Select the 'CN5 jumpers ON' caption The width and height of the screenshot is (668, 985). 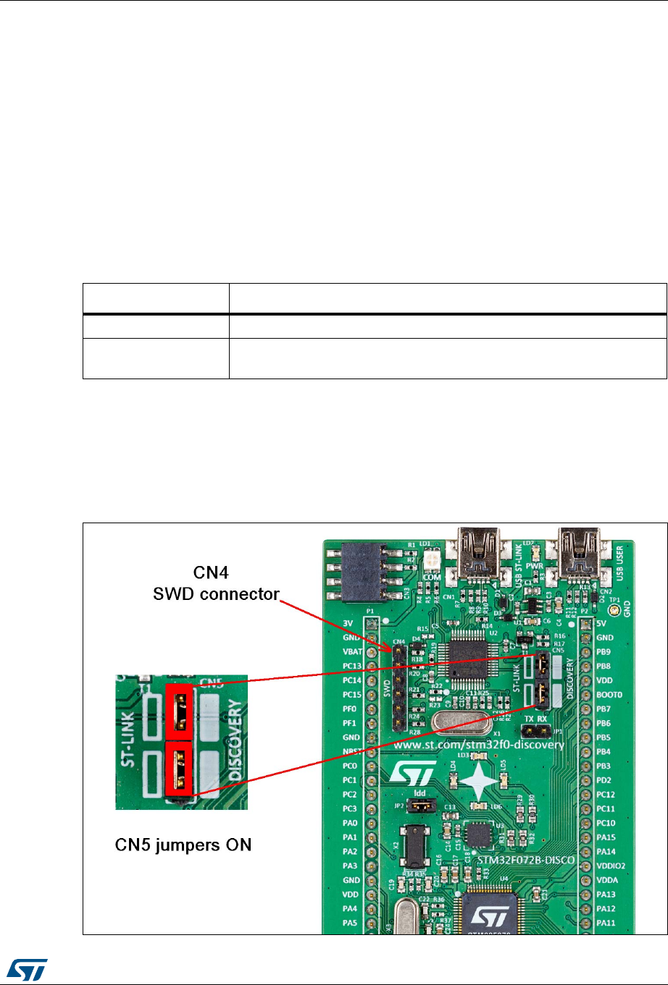183,845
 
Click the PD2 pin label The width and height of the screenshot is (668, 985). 604,780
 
